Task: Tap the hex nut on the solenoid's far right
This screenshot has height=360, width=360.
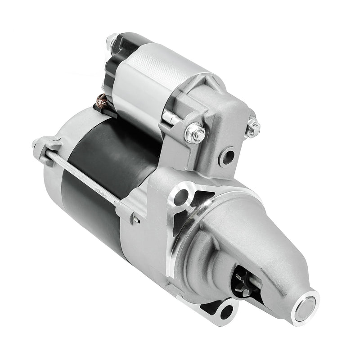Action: [x=253, y=129]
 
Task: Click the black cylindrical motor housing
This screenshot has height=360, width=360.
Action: [x=103, y=166]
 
